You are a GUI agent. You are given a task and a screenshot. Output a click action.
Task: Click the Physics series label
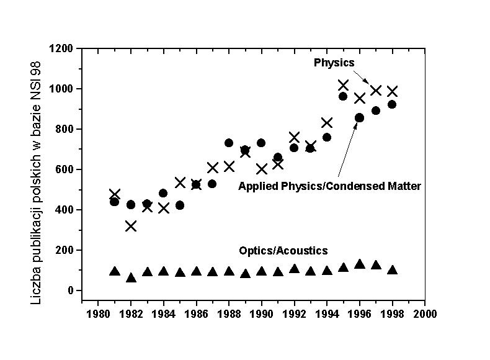pyautogui.click(x=334, y=63)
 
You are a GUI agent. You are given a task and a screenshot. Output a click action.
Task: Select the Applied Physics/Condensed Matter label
pyautogui.click(x=329, y=186)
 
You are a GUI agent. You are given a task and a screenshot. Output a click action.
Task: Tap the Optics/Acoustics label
pyautogui.click(x=283, y=251)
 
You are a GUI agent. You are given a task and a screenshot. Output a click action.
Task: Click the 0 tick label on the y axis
pyautogui.click(x=70, y=290)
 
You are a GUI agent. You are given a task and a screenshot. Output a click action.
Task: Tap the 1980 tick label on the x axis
pyautogui.click(x=98, y=314)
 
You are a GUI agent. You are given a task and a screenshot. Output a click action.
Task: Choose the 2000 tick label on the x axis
pyautogui.click(x=425, y=314)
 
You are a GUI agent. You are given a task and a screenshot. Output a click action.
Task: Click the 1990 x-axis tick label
pyautogui.click(x=261, y=314)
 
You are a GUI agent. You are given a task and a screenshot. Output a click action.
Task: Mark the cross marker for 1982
pyautogui.click(x=131, y=226)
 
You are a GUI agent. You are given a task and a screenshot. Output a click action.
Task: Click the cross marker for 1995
pyautogui.click(x=343, y=85)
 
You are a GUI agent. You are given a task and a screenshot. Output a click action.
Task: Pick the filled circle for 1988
pyautogui.click(x=228, y=143)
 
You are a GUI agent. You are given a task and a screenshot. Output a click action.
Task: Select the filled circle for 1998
pyautogui.click(x=391, y=104)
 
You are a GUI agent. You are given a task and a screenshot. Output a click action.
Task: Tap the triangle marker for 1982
pyautogui.click(x=131, y=278)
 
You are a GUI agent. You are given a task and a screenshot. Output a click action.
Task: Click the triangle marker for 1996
pyautogui.click(x=359, y=264)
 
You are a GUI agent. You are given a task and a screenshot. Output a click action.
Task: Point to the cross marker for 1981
pyautogui.click(x=115, y=194)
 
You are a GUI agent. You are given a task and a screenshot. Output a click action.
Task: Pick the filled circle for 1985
pyautogui.click(x=180, y=205)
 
